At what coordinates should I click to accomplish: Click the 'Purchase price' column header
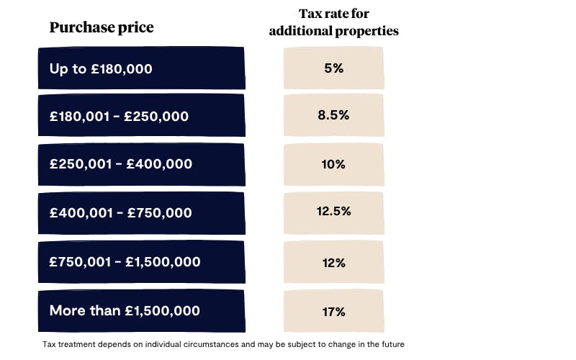102,28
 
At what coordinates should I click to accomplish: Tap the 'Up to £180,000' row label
101,68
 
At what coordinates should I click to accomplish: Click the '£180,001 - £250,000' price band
119,116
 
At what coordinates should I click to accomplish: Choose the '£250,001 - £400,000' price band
121,164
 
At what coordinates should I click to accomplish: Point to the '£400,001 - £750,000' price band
121,213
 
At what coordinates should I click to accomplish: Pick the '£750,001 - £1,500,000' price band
125,262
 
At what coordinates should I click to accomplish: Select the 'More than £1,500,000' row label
125,311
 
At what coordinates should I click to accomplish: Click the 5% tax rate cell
333,68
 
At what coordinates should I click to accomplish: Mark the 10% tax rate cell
333,164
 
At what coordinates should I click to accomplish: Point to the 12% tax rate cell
333,262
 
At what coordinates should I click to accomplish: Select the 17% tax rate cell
333,311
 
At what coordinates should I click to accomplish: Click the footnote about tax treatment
229,344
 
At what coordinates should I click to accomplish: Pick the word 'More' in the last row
65,311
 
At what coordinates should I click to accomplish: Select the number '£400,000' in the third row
159,164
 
